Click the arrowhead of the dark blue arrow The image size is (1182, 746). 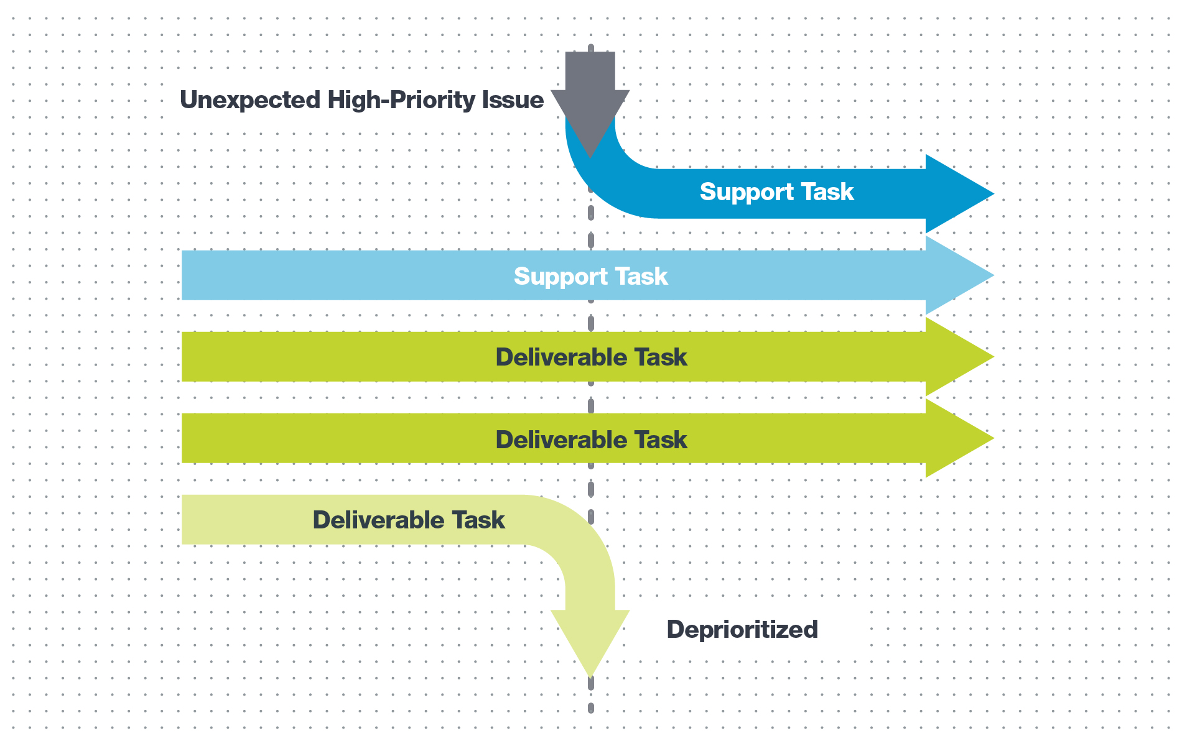coord(958,194)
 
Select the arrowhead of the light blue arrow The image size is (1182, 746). coord(958,275)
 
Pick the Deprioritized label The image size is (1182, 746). coord(742,630)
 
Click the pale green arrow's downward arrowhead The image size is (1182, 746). coord(590,640)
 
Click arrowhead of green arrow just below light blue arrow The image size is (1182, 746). coord(958,357)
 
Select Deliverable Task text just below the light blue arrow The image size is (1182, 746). coord(591,357)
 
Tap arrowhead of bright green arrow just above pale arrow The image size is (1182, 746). coord(958,438)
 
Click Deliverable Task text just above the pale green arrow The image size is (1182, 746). coord(591,440)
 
